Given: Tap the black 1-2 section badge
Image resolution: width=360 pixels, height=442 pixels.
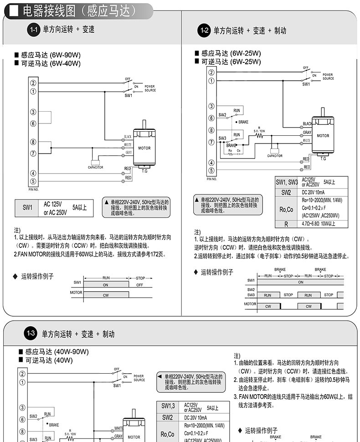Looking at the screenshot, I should coord(205,31).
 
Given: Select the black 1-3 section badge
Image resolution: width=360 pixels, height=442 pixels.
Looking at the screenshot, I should coord(31,334).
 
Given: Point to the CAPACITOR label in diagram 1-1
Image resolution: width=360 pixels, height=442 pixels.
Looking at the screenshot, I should coord(96,168).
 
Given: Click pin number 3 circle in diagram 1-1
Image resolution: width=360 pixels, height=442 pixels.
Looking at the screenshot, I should coord(33,112).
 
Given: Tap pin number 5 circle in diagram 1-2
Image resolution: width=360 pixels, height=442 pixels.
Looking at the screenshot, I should coord(211,170).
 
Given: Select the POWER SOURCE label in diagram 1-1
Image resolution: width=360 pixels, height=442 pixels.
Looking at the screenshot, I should coord(150,88).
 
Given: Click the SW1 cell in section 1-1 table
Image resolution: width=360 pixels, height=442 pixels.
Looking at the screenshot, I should coord(28,208).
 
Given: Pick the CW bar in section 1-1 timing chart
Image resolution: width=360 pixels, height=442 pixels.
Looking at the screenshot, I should coord(106,295).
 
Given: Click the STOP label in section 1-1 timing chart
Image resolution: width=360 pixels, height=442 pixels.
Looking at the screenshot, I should coord(140,278).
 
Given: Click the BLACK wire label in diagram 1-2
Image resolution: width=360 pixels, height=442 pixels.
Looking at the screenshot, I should coord(307,123).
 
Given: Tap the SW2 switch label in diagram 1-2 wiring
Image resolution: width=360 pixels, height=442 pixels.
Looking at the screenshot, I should coord(222,115).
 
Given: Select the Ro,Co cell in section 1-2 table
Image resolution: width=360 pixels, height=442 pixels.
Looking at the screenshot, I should coord(286,209).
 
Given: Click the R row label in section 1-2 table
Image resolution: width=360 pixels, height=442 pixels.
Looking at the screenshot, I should coord(286,224).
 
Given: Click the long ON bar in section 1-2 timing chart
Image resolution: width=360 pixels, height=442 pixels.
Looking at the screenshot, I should coord(301,282).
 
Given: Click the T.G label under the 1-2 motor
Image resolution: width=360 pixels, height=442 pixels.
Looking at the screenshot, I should coord(323,159).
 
